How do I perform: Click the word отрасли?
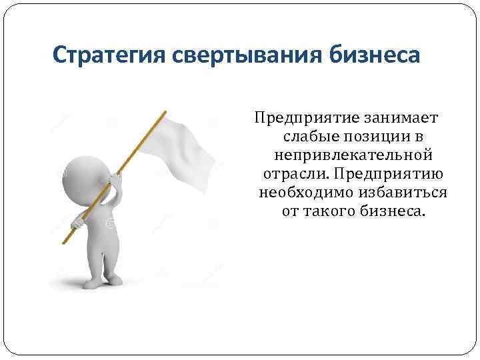(x=294, y=175)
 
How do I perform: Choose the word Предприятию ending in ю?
(x=390, y=175)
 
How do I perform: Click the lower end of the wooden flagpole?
(x=65, y=241)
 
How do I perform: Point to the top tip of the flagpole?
(x=163, y=112)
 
